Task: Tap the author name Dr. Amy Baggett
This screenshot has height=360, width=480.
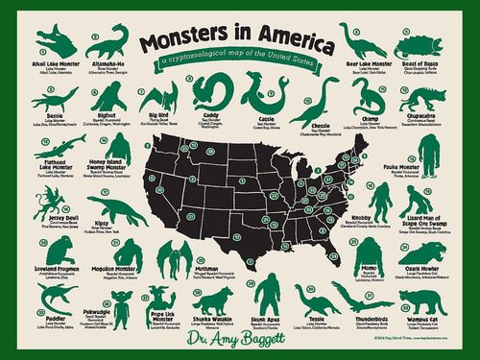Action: [238, 337]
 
